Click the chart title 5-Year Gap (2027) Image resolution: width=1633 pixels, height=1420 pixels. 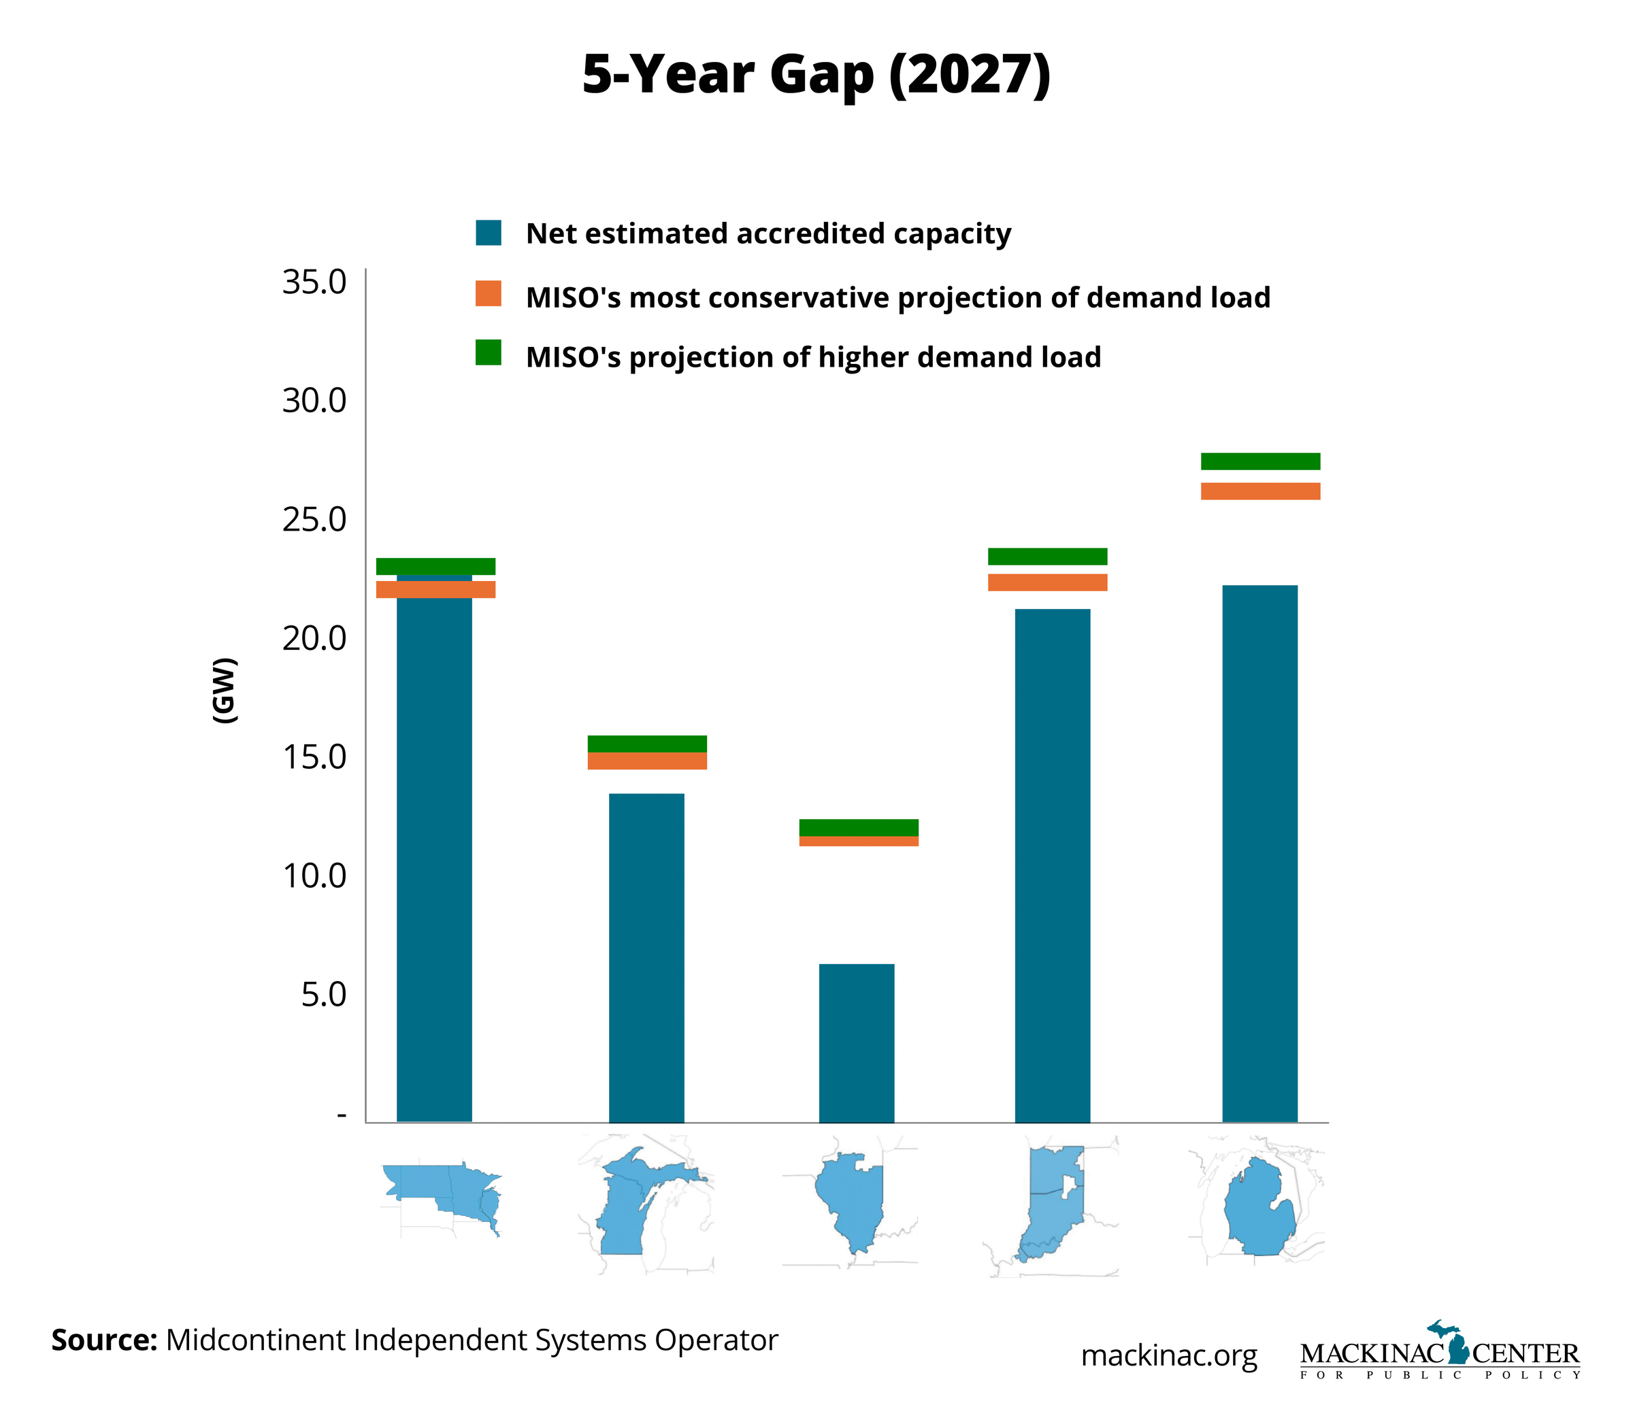[x=816, y=76]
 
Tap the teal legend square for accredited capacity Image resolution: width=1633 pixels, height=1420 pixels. [x=488, y=233]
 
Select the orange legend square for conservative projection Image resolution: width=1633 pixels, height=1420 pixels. [x=488, y=293]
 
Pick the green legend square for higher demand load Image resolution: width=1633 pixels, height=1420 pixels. [x=488, y=352]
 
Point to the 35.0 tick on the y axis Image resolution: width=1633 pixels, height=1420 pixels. [x=314, y=282]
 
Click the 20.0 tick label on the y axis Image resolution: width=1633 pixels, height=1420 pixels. [x=314, y=638]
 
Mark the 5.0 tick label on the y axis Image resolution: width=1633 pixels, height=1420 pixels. [x=324, y=995]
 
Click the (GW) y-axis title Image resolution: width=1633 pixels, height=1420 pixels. [x=225, y=689]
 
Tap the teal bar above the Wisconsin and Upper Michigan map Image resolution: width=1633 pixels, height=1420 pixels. [x=646, y=957]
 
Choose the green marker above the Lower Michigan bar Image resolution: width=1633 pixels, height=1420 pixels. [x=1260, y=461]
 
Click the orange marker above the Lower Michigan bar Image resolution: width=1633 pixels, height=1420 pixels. [x=1260, y=491]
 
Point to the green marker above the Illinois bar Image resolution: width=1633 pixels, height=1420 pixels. [x=859, y=827]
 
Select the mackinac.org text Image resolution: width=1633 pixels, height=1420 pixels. [x=1169, y=1355]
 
